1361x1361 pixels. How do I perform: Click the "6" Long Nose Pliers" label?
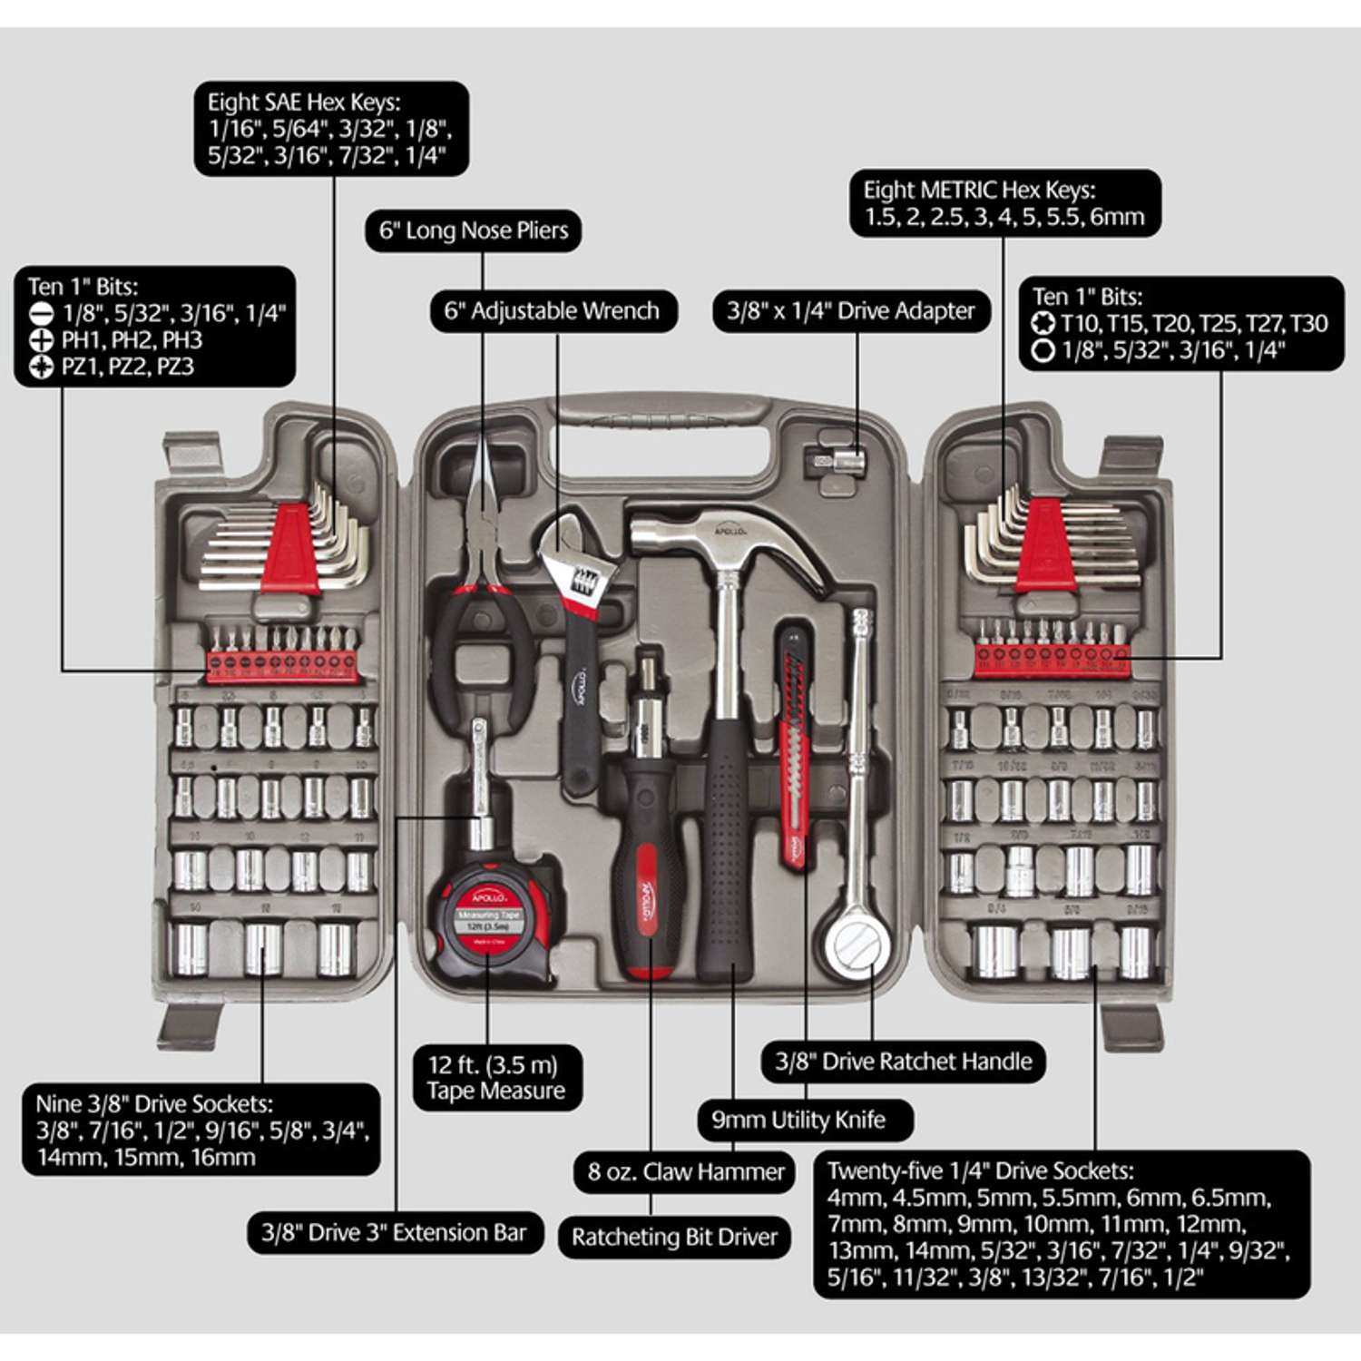(473, 230)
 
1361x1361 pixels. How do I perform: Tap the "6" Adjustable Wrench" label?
(552, 311)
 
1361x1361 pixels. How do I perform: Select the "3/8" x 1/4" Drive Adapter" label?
(850, 311)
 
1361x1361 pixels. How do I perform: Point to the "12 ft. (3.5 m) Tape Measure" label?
(495, 1077)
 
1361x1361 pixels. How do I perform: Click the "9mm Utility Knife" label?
(798, 1120)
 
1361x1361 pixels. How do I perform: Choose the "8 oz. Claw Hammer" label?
(685, 1171)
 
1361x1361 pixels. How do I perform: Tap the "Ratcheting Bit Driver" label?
(674, 1237)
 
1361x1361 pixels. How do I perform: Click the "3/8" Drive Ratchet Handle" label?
(903, 1062)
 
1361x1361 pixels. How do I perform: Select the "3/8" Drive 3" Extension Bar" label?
(394, 1232)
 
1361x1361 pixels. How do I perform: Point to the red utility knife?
(793, 744)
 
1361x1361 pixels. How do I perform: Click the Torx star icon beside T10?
(1044, 323)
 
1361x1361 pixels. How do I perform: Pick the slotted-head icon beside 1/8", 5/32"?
(42, 314)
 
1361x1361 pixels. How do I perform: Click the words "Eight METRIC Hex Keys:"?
(979, 191)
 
